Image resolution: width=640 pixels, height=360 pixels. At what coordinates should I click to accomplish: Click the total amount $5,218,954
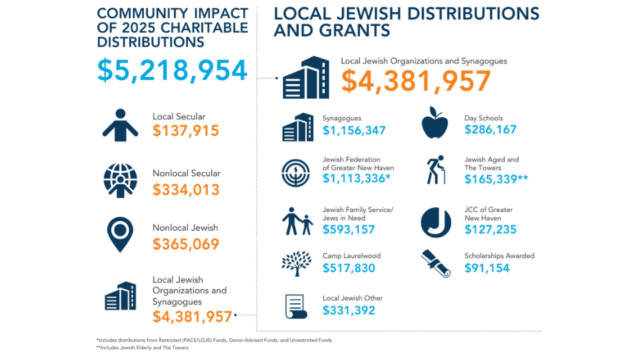172,71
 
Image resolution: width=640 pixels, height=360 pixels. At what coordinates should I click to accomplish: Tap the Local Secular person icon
120,125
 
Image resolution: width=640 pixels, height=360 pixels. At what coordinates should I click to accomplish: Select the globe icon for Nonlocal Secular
120,180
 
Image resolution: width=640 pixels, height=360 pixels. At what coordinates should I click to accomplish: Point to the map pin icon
120,235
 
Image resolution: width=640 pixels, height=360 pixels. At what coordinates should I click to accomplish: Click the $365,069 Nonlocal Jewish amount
185,244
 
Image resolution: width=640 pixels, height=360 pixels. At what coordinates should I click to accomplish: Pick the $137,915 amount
185,131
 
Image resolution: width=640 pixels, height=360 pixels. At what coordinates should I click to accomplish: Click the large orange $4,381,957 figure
416,81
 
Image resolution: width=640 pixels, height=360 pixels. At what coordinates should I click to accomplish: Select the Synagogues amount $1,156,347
354,131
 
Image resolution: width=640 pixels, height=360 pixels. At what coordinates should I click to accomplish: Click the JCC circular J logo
435,223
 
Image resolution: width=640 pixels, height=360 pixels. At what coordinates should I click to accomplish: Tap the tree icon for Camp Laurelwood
297,263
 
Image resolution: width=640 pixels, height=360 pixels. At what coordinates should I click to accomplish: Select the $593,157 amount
349,230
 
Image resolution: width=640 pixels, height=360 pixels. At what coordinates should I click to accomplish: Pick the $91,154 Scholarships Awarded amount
488,268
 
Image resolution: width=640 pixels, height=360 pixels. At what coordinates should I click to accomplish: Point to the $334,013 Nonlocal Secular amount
185,190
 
